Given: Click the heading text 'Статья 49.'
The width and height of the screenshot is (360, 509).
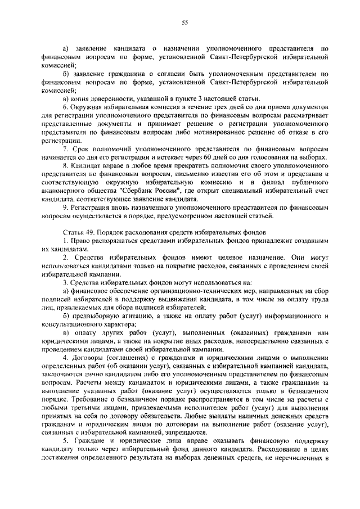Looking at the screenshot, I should click(78, 232).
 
